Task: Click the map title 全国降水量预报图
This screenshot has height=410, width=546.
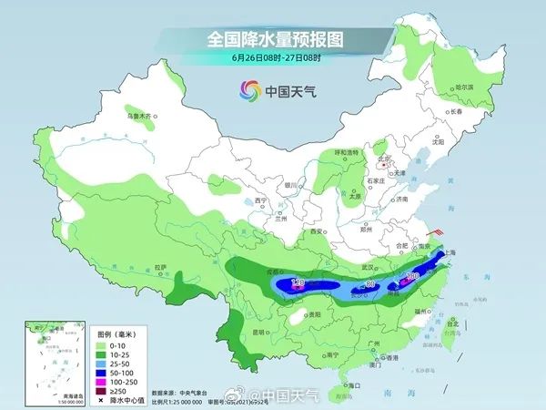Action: tap(272, 40)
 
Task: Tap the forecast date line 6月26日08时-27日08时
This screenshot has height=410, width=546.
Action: tap(272, 57)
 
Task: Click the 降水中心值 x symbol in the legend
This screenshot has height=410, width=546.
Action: tap(99, 399)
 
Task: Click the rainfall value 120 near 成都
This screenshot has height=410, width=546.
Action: tap(297, 284)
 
